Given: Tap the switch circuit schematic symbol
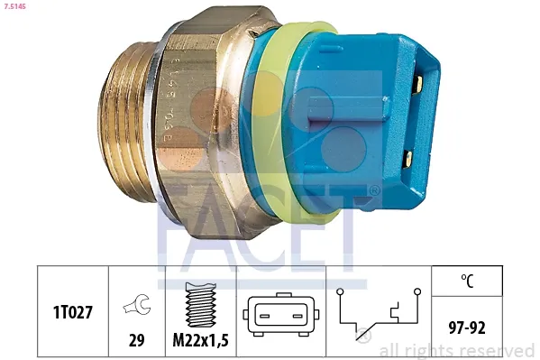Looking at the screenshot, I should pos(379,314).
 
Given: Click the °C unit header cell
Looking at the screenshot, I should pos(467,281).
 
